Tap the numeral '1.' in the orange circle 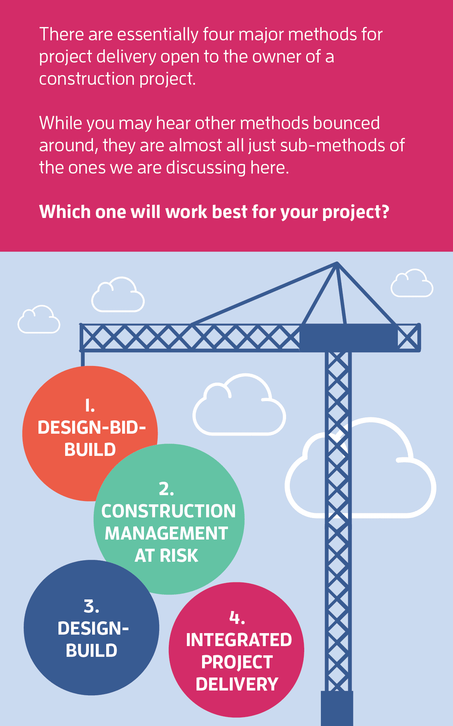click(x=90, y=405)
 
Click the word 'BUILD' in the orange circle click(x=90, y=450)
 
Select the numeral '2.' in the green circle click(x=167, y=489)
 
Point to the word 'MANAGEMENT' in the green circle click(x=167, y=533)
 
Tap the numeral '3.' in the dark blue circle click(x=91, y=606)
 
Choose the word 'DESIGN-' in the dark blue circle click(x=93, y=628)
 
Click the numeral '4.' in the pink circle click(x=237, y=617)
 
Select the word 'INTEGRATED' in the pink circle click(x=239, y=640)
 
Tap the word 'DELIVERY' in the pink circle click(x=237, y=684)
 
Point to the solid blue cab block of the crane click(x=348, y=337)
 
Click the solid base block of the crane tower click(x=337, y=708)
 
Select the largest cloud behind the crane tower click(x=360, y=468)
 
